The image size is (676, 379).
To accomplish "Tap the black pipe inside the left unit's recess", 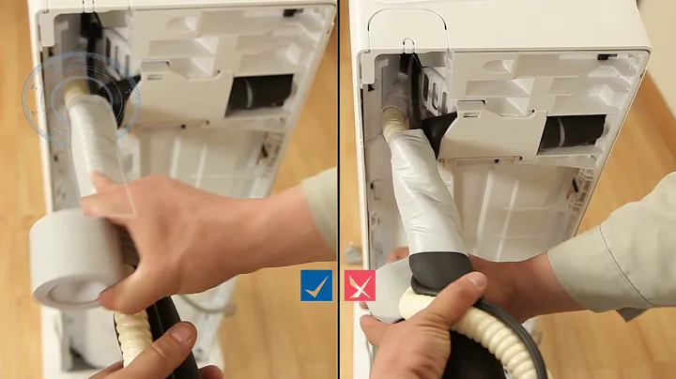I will coord(258,95).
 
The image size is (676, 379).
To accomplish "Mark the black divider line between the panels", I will coord(339,188).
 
